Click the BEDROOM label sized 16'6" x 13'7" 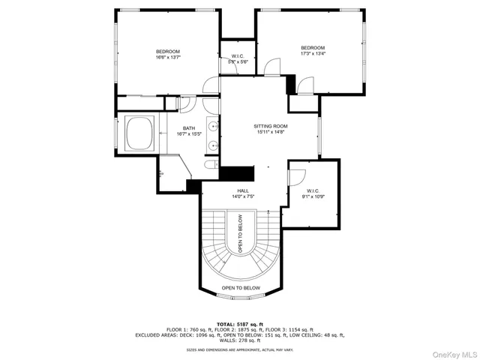(168, 53)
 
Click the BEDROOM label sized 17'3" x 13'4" (313, 50)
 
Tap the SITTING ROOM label (270, 129)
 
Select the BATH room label (188, 130)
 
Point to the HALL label (243, 193)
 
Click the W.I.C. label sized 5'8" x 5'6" (238, 58)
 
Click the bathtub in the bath (140, 135)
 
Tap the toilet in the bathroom (211, 163)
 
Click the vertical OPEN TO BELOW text (241, 234)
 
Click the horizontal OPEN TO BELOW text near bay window (241, 288)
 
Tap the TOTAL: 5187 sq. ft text (240, 323)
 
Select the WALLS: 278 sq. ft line (240, 340)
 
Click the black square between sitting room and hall (233, 172)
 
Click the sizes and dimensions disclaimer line (240, 349)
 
